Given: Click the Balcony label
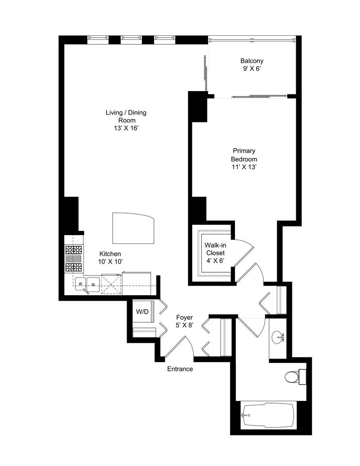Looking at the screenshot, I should click(252, 61).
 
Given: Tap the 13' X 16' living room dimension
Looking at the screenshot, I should click(126, 128).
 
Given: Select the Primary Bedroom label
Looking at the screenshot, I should click(244, 155).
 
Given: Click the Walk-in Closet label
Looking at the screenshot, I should click(214, 249).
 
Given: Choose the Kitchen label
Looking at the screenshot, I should click(110, 254).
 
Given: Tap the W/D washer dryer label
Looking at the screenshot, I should click(142, 312).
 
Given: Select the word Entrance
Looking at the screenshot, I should click(180, 369).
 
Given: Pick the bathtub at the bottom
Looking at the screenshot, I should click(267, 415).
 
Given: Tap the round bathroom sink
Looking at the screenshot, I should click(277, 337).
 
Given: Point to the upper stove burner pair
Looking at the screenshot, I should click(73, 250).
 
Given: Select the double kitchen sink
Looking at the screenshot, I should click(87, 283).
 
